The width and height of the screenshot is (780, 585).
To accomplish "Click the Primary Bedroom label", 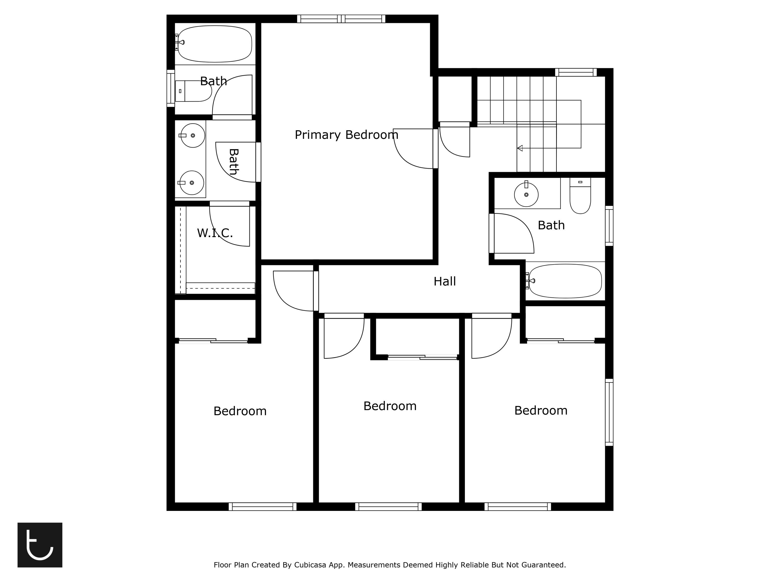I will click(x=346, y=135).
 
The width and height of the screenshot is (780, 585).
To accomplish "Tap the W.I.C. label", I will click(x=215, y=233).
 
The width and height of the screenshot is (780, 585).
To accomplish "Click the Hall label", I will click(x=444, y=281).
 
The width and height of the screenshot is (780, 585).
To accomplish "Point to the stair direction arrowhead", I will click(x=520, y=148).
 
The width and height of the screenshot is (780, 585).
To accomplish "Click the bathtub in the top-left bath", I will click(x=215, y=44).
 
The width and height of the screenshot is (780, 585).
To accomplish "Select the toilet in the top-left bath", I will click(x=194, y=91).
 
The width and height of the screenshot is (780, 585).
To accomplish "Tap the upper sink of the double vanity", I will click(x=193, y=135).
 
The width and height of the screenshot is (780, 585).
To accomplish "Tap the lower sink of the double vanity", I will click(x=192, y=183).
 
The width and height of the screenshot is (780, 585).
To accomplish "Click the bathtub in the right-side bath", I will click(x=565, y=281).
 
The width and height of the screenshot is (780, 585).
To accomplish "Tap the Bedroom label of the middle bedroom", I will click(x=390, y=406).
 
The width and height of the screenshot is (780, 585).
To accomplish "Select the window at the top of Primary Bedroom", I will click(x=341, y=19).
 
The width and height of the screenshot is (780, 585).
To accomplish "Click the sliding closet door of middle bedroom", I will click(x=422, y=357).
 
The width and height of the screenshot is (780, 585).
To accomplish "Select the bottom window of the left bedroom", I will click(x=262, y=507).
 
